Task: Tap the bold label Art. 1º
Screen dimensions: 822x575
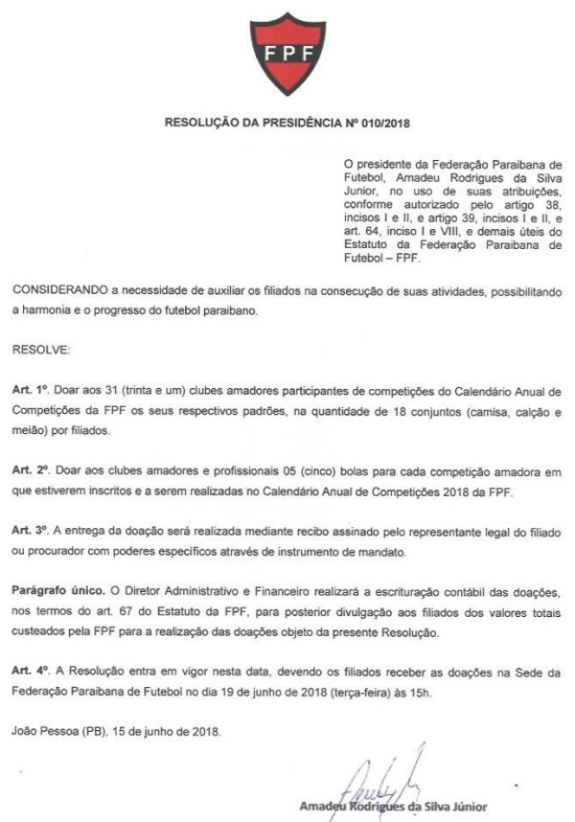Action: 30,392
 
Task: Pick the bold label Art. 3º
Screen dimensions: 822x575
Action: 30,532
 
